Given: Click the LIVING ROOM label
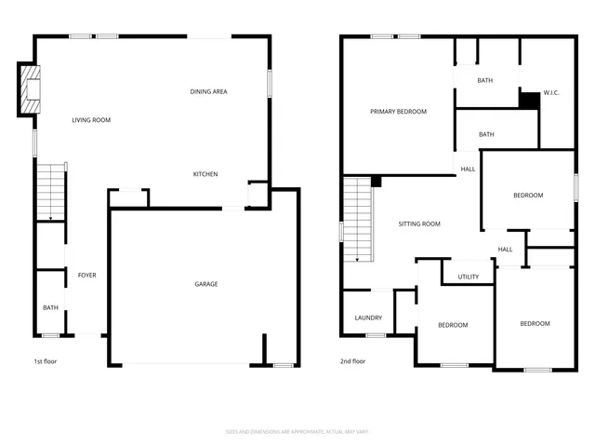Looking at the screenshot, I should click(x=91, y=120).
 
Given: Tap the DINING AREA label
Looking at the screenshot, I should click(x=208, y=91).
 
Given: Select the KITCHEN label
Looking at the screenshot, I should click(x=205, y=174).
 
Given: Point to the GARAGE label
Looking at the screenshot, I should click(x=205, y=284).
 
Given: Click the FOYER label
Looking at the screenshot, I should click(x=86, y=276).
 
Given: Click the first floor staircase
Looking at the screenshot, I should click(x=51, y=191).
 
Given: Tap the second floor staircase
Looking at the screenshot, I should click(x=357, y=220).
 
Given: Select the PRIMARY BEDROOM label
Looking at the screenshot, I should click(x=398, y=112).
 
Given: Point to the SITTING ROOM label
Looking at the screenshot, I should click(x=418, y=223).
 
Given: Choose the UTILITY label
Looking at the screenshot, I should click(x=468, y=277).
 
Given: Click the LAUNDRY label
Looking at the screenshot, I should click(x=368, y=318).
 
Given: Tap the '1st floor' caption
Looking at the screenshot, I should click(x=46, y=361).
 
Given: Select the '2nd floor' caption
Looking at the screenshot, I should click(x=352, y=361).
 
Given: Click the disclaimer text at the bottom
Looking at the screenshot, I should click(x=297, y=431).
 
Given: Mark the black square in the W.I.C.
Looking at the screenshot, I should click(x=529, y=100).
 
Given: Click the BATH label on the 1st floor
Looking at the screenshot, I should click(x=49, y=307).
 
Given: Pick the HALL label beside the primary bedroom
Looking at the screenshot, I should click(x=468, y=169).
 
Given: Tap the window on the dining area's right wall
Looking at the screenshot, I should click(x=270, y=83).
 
